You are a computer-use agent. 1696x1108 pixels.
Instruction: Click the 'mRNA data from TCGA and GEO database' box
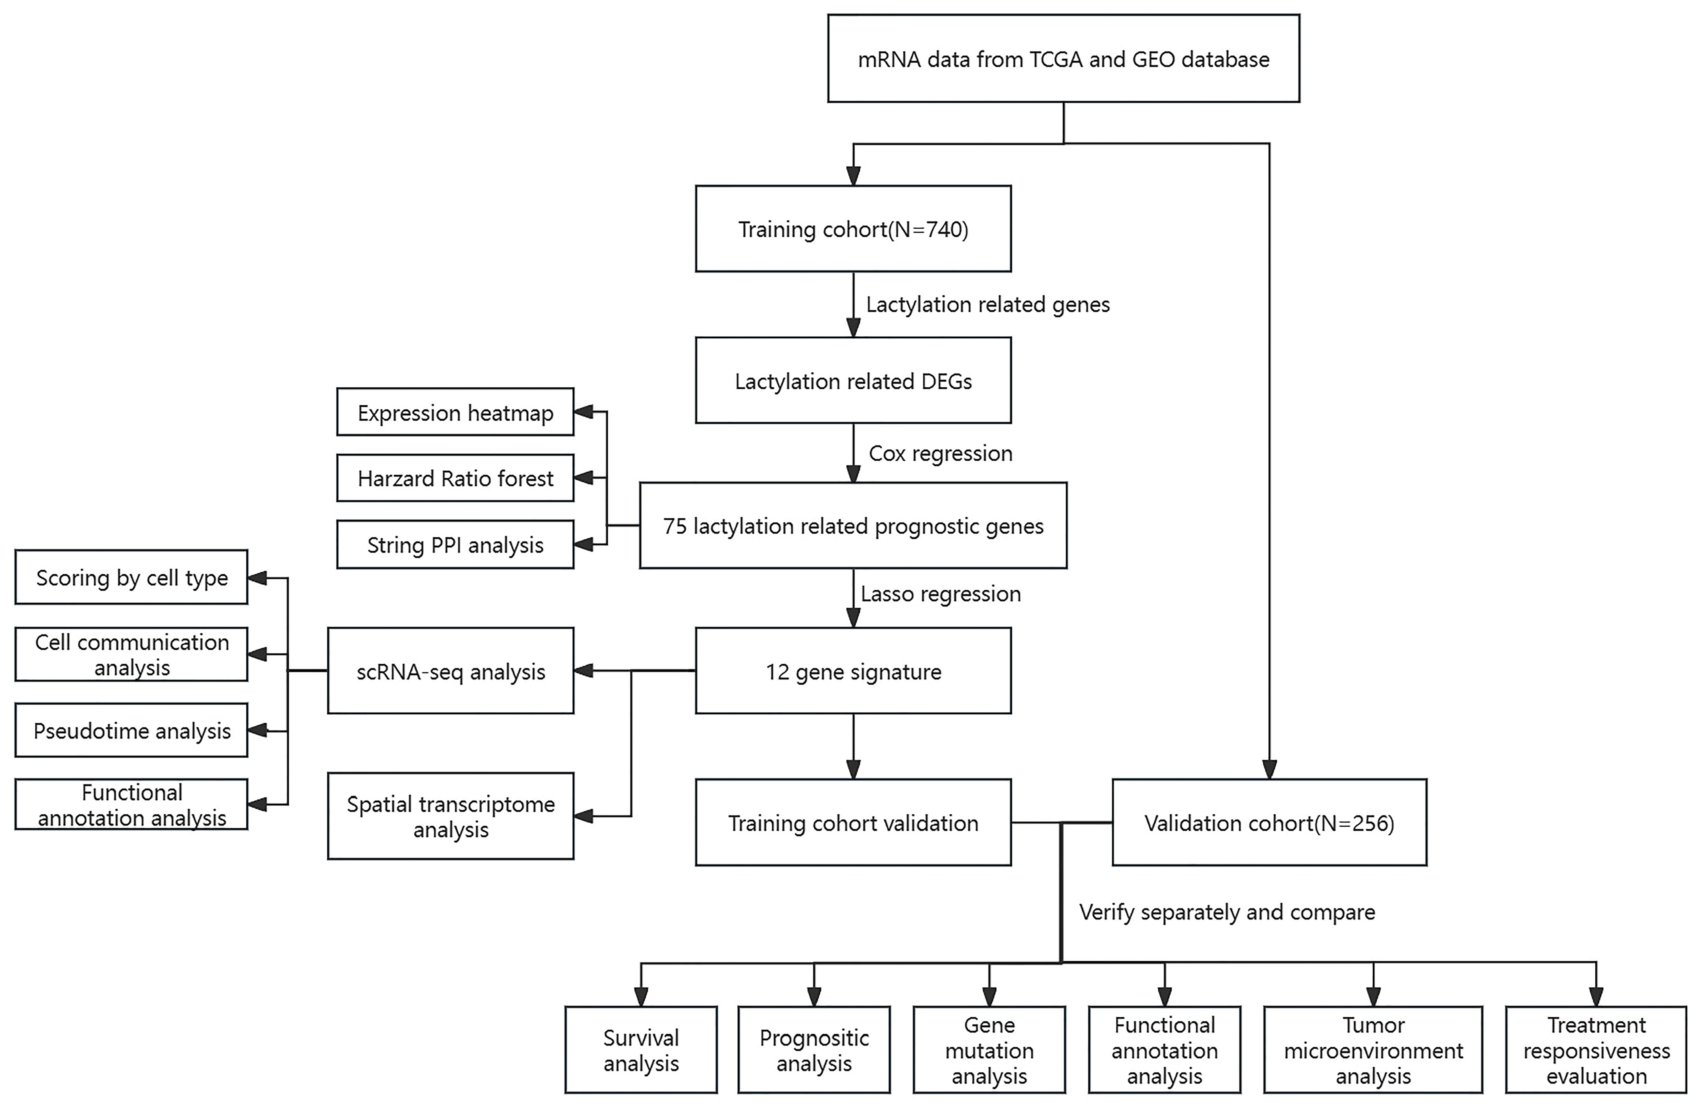1063,59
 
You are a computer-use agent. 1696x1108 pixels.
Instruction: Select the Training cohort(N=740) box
853,229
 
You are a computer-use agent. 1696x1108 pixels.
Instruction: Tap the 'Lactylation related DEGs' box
853,381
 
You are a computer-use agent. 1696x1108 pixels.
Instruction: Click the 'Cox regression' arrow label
940,453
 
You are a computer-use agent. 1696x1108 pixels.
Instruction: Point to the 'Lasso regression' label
940,594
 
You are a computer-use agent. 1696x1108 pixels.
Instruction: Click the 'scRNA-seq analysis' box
450,671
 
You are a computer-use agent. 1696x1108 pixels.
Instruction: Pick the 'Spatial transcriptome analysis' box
450,816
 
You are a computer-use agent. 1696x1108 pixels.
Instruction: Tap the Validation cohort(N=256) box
1269,823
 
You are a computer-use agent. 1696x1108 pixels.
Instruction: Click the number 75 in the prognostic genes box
675,526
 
